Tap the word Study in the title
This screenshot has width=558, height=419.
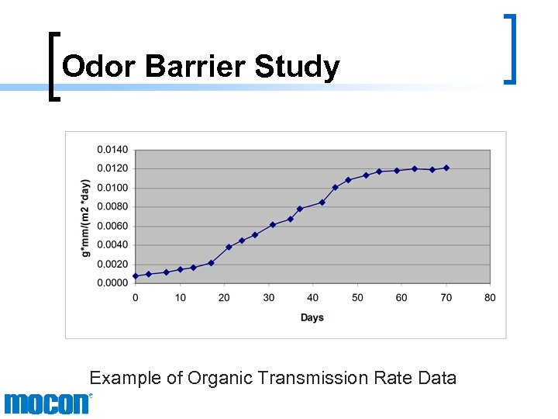[297, 68]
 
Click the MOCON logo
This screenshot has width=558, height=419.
[46, 403]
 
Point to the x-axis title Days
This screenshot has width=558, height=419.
[312, 317]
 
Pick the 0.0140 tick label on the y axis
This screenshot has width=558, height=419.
[112, 149]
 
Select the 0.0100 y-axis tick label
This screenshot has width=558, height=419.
[112, 188]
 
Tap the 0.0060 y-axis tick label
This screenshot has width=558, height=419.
[112, 226]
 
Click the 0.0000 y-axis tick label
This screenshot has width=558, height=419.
[112, 282]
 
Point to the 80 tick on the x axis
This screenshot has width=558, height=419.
[490, 297]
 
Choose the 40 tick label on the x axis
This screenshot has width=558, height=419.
[312, 297]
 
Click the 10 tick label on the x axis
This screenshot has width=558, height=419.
[180, 297]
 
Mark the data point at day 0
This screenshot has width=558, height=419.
[136, 275]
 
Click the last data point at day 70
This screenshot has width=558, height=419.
[446, 168]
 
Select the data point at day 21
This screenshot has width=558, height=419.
[229, 247]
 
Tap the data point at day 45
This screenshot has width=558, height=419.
[335, 187]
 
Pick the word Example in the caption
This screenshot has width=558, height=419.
[120, 378]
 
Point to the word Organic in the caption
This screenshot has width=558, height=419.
[205, 379]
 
